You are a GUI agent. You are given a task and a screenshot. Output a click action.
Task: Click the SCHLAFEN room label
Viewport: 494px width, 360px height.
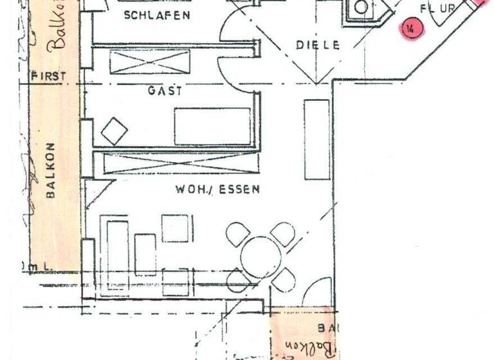click(x=158, y=15)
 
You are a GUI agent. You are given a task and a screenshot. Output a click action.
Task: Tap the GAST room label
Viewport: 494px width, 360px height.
click(x=165, y=91)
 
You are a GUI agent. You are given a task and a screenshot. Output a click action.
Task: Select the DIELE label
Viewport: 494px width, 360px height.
click(x=316, y=45)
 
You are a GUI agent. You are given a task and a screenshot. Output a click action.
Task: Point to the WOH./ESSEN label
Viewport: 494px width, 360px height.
click(x=217, y=190)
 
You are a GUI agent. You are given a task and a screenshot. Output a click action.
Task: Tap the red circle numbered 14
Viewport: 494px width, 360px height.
click(x=410, y=28)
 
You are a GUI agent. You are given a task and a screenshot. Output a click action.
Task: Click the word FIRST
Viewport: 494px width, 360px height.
click(x=48, y=76)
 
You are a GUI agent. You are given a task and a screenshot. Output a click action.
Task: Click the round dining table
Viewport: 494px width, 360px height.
click(x=262, y=256)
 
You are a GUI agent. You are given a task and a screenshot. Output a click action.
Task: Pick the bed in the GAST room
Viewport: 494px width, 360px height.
click(x=212, y=126)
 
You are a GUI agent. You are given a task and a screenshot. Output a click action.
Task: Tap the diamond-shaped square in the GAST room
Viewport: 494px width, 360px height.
click(x=114, y=130)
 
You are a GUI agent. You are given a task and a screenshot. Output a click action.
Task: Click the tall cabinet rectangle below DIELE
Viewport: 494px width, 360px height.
click(x=316, y=139)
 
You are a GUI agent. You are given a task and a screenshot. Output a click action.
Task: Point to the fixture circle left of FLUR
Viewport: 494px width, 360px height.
click(x=361, y=8)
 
